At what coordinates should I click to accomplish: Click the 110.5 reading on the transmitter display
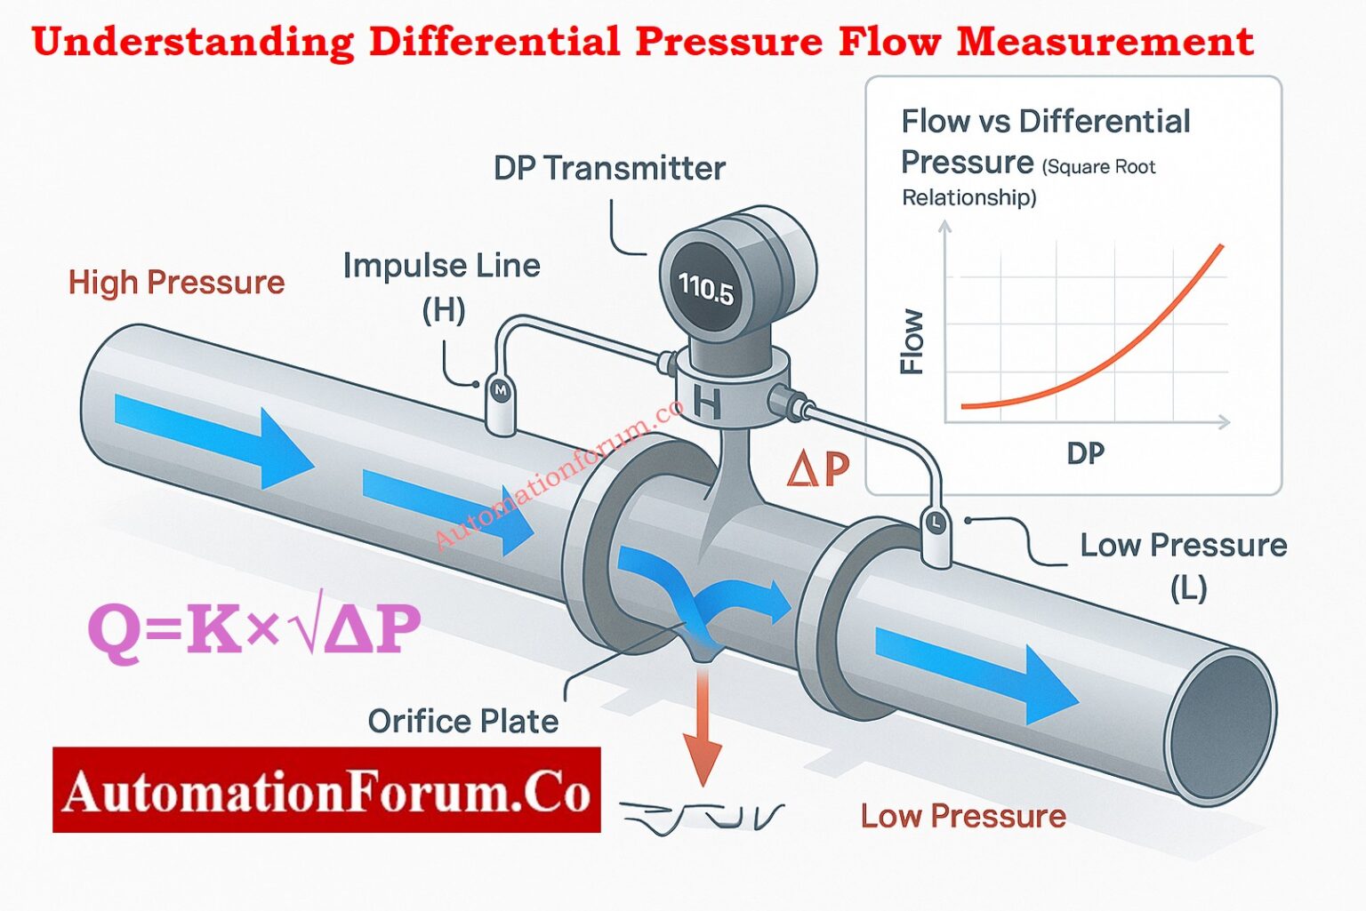pyautogui.click(x=706, y=287)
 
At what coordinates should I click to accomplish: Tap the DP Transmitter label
pyautogui.click(x=609, y=168)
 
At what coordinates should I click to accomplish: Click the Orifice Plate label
pyautogui.click(x=463, y=721)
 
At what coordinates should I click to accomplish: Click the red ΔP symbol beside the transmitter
pyautogui.click(x=818, y=468)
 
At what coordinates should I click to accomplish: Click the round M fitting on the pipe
pyautogui.click(x=500, y=390)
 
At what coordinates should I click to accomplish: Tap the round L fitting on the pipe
pyautogui.click(x=935, y=523)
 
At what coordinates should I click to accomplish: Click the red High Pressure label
pyautogui.click(x=176, y=283)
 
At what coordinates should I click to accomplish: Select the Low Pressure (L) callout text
pyautogui.click(x=1184, y=564)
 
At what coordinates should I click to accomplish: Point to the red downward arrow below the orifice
pyautogui.click(x=703, y=729)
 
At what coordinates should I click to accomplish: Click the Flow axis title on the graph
pyautogui.click(x=912, y=341)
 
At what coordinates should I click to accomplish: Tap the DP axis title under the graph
pyautogui.click(x=1085, y=453)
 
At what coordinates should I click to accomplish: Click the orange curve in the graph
pyautogui.click(x=1112, y=356)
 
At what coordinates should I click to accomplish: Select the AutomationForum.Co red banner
pyautogui.click(x=326, y=790)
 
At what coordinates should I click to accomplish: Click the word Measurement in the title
pyautogui.click(x=1105, y=41)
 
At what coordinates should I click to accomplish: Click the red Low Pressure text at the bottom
pyautogui.click(x=963, y=816)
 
